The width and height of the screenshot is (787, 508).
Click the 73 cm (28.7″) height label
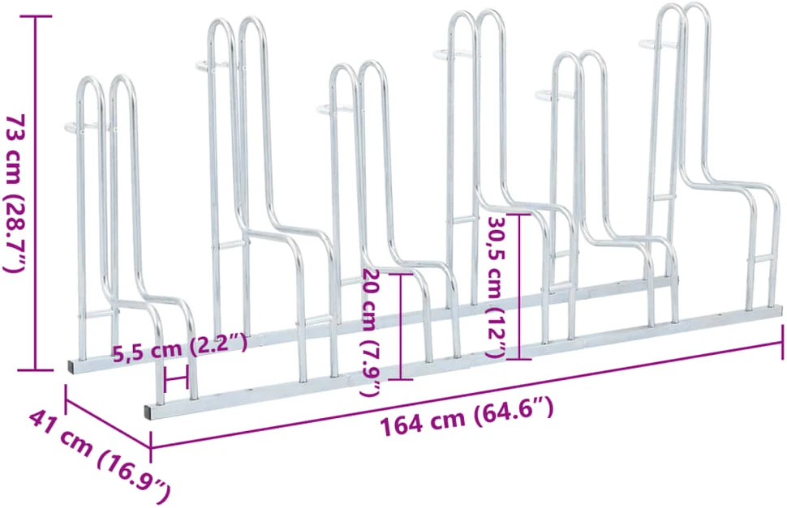[x=14, y=194]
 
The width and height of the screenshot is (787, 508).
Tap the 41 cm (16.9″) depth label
[x=99, y=456]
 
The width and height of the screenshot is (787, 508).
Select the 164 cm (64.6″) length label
[x=467, y=417]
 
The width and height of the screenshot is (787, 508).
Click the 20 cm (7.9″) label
[x=372, y=332]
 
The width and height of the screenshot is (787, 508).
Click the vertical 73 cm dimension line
[x=35, y=194]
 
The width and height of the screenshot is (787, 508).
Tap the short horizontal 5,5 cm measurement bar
[x=176, y=378]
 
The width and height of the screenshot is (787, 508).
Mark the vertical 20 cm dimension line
[x=401, y=327]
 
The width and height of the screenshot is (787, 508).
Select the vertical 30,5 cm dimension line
[x=519, y=287]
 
